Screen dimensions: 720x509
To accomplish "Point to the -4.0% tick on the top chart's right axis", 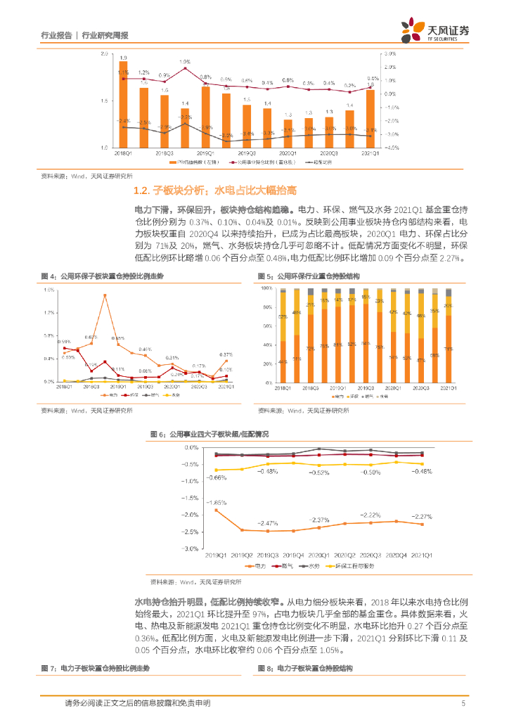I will [392, 148].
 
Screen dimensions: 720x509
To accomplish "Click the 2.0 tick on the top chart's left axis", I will [103, 53].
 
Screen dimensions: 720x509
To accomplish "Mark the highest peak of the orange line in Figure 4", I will [105, 295].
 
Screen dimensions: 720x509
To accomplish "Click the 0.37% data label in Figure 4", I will [226, 354].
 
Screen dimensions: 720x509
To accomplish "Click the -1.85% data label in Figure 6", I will [216, 503].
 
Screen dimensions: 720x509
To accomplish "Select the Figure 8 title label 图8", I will [264, 667].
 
